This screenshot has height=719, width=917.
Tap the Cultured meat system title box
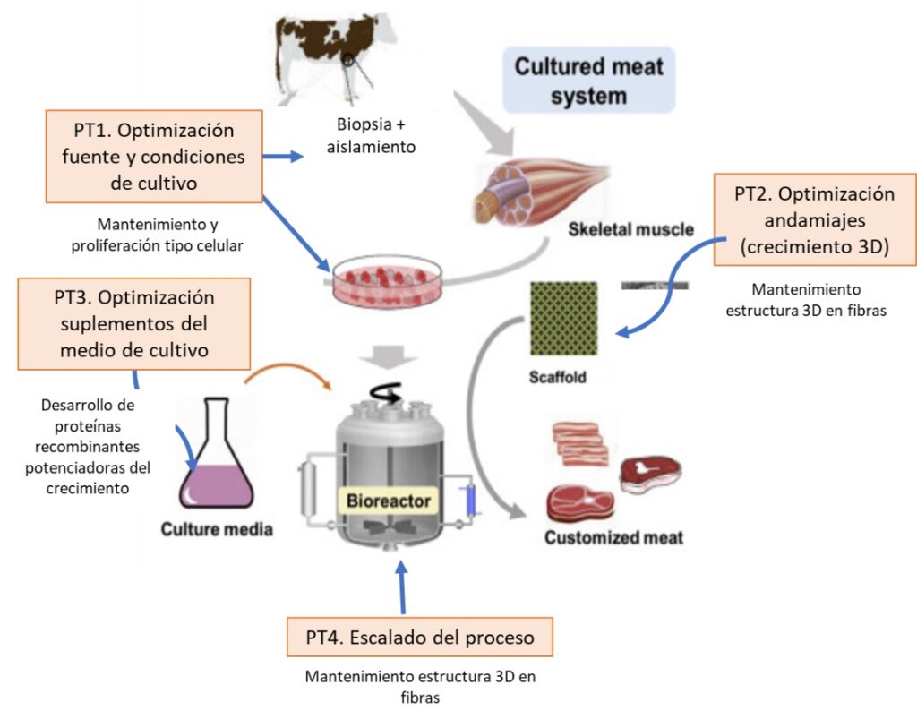pyautogui.click(x=588, y=81)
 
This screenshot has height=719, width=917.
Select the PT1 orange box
pyautogui.click(x=153, y=157)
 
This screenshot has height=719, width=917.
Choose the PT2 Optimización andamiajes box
pyautogui.click(x=814, y=220)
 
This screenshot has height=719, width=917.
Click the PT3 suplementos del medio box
pyautogui.click(x=133, y=323)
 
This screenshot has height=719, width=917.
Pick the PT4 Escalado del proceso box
pyautogui.click(x=420, y=637)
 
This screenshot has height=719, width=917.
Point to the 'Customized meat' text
pyautogui.click(x=613, y=538)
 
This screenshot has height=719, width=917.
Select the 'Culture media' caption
pyautogui.click(x=217, y=529)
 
